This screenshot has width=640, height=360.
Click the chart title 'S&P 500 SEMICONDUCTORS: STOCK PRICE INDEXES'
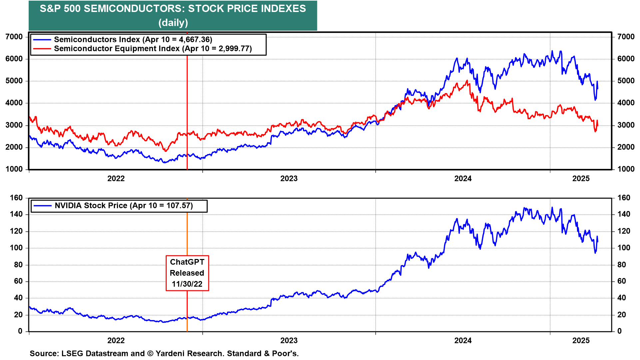pyautogui.click(x=173, y=9)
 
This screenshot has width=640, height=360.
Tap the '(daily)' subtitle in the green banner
pyautogui.click(x=173, y=23)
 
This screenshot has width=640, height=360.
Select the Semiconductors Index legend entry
pyautogui.click(x=133, y=40)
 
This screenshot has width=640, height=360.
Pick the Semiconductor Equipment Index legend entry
pyautogui.click(x=153, y=49)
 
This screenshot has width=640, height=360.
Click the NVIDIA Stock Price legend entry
pyautogui.click(x=123, y=206)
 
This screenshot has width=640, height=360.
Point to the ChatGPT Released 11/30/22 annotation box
pyautogui.click(x=187, y=273)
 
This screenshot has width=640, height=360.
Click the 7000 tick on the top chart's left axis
pyautogui.click(x=14, y=37)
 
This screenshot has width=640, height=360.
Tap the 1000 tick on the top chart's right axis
pyautogui.click(x=626, y=169)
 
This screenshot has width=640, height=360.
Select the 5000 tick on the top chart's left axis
pyautogui.click(x=14, y=81)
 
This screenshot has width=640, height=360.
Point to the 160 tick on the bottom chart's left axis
pyautogui.click(x=16, y=198)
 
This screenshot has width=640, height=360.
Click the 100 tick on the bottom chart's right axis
pyautogui.click(x=624, y=248)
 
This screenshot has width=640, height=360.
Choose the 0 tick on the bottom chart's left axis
pyautogui.click(x=20, y=331)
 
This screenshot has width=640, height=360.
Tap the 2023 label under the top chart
pyautogui.click(x=289, y=179)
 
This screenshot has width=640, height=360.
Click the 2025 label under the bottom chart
pyautogui.click(x=581, y=341)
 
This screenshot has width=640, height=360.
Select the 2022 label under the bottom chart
pyautogui.click(x=116, y=341)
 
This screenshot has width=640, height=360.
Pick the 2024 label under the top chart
pyautogui.click(x=463, y=179)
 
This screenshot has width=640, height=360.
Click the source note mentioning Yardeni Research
pyautogui.click(x=164, y=353)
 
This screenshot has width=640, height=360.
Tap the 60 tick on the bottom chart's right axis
pyautogui.click(x=621, y=281)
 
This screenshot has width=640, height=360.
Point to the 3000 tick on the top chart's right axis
pyautogui.click(x=626, y=125)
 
